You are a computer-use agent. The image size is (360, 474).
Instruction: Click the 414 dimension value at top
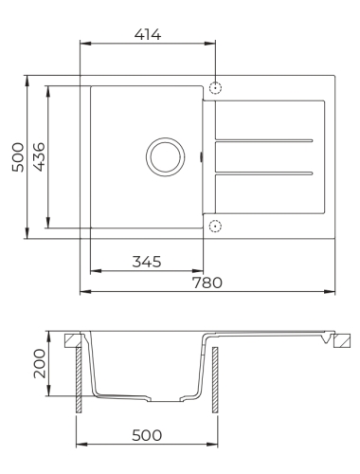[148, 34]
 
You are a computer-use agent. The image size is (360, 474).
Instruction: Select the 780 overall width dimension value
[207, 283]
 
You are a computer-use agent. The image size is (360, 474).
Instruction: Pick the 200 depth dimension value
[39, 363]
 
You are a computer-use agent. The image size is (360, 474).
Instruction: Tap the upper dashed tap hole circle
[215, 87]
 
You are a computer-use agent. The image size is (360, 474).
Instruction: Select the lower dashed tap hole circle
[215, 226]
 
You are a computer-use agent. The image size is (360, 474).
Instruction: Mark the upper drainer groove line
[264, 140]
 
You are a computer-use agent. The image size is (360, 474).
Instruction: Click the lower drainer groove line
[264, 173]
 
